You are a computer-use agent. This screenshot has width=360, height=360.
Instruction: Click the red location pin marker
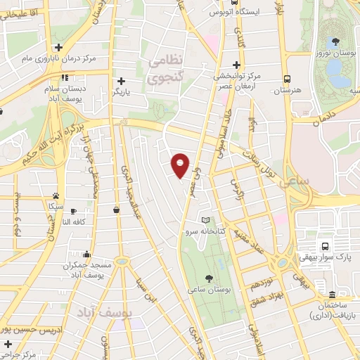click(x=181, y=165)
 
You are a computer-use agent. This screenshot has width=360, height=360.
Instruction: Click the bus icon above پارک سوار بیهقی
click(x=325, y=246)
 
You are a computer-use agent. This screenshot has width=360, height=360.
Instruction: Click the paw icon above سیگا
click(x=56, y=195)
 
